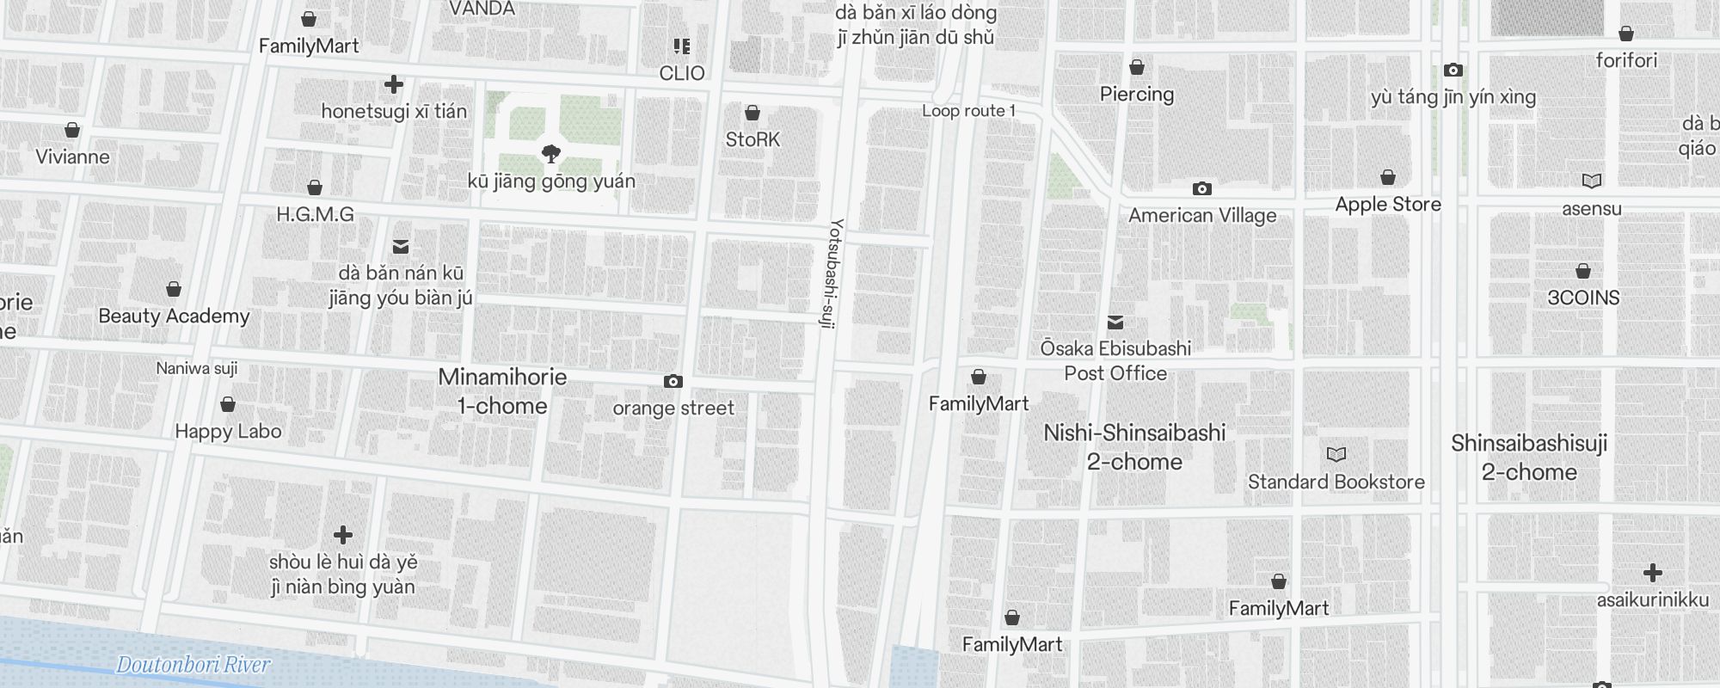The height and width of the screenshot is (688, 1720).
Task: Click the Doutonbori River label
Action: coord(193,665)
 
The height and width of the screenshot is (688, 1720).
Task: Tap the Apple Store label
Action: coord(1387,205)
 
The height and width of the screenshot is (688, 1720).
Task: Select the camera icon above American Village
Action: coord(1202,188)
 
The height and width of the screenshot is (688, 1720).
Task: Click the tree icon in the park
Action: coord(551,154)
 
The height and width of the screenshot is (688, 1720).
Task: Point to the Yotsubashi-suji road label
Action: coord(832,273)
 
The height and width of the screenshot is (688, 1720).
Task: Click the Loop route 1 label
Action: coord(968,111)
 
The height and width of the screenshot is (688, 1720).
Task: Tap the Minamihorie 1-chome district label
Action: coord(502,391)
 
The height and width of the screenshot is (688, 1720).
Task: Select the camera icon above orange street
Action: coord(673,381)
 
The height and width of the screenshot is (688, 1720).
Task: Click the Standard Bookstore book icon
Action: coord(1336,454)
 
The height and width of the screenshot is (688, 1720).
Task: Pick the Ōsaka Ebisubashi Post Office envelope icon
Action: coord(1115,322)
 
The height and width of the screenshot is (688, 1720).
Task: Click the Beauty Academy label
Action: coord(174,316)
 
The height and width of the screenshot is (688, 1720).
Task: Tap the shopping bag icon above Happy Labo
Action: coord(228,404)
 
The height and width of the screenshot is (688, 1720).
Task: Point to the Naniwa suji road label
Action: coord(197,369)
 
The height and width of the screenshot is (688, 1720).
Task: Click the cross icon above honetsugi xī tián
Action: coord(394,84)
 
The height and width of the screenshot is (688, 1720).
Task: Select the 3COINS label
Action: coord(1582,298)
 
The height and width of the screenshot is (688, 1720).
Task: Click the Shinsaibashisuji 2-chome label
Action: coord(1528,458)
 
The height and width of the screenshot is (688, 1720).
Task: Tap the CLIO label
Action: coord(682,74)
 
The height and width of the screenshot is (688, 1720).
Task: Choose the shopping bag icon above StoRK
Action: coord(752,113)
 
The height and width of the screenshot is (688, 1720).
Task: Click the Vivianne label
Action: coord(72,157)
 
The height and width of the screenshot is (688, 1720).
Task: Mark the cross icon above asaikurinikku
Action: coord(1652,573)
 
